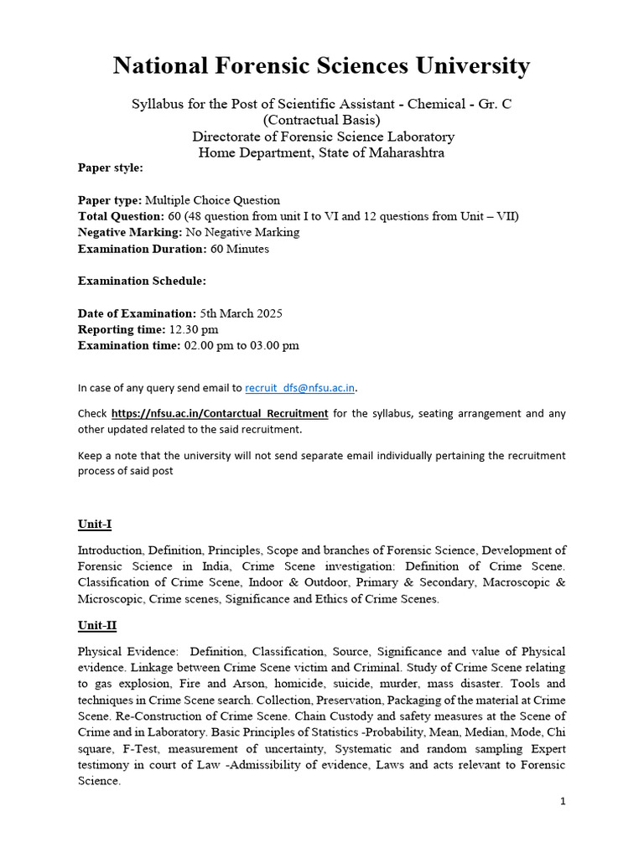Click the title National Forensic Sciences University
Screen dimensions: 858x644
tap(322, 65)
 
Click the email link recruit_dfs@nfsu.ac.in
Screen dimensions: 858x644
tap(300, 388)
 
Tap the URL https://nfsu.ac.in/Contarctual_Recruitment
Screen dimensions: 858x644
tap(220, 413)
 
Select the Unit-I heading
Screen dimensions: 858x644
tap(95, 525)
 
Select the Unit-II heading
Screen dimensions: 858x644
tap(97, 626)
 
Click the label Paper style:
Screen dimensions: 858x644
tap(111, 168)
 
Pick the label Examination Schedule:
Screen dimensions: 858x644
tap(142, 281)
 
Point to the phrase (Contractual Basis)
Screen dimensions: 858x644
tap(322, 120)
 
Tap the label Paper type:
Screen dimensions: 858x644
tap(110, 200)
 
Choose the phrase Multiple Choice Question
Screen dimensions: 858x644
tap(212, 200)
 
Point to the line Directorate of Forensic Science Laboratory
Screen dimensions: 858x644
tap(323, 137)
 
